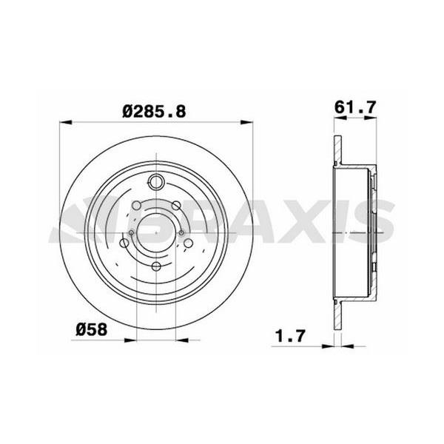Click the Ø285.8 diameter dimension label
tap(154, 111)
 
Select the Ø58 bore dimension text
tap(92, 329)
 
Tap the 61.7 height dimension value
tap(355, 107)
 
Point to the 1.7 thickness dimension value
tap(291, 335)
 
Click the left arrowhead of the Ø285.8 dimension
tap(65, 122)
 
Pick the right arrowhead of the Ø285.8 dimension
tap(246, 122)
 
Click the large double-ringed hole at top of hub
tap(156, 182)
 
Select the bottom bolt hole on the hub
tap(156, 266)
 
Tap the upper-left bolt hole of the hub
tap(137, 205)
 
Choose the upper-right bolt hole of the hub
tap(176, 205)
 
